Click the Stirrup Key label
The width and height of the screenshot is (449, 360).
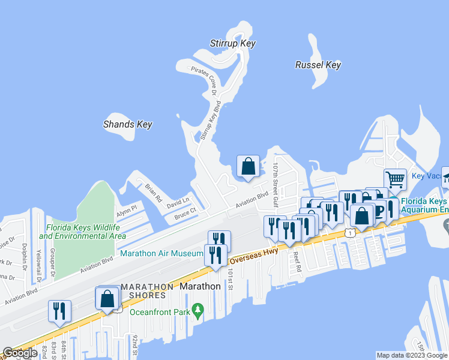tap(233, 43)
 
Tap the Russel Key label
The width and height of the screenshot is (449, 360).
tap(318, 65)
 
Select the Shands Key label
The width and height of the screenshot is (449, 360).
tap(127, 124)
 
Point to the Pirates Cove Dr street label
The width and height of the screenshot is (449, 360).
tap(203, 81)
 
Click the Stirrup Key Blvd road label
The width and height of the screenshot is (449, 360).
tap(206, 120)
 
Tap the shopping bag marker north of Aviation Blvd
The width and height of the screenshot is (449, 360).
tap(248, 166)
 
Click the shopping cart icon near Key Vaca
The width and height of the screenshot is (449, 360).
tap(395, 179)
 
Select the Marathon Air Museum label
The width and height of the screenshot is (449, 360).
tap(162, 254)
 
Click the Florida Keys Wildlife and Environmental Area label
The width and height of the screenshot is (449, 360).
tap(83, 232)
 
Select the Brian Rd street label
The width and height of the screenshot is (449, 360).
tap(154, 192)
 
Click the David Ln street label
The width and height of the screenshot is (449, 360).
tap(178, 200)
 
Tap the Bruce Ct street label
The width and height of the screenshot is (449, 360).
tap(185, 213)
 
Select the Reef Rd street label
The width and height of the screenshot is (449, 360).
tap(297, 260)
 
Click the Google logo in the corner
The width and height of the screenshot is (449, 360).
tap(20, 353)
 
